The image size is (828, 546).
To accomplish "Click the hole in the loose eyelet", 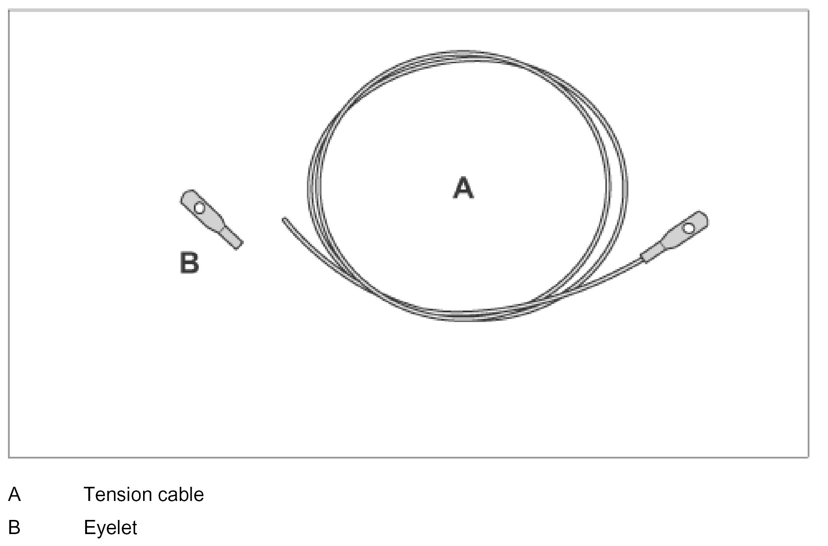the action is click(x=200, y=207).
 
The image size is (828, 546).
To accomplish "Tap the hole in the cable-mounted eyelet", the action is click(x=688, y=228).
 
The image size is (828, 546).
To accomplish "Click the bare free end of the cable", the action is click(x=285, y=219).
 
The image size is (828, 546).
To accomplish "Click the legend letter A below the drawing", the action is click(x=14, y=494).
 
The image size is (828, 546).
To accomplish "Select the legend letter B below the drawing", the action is click(x=14, y=527).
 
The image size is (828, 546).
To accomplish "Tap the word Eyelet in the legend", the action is click(x=110, y=527).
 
